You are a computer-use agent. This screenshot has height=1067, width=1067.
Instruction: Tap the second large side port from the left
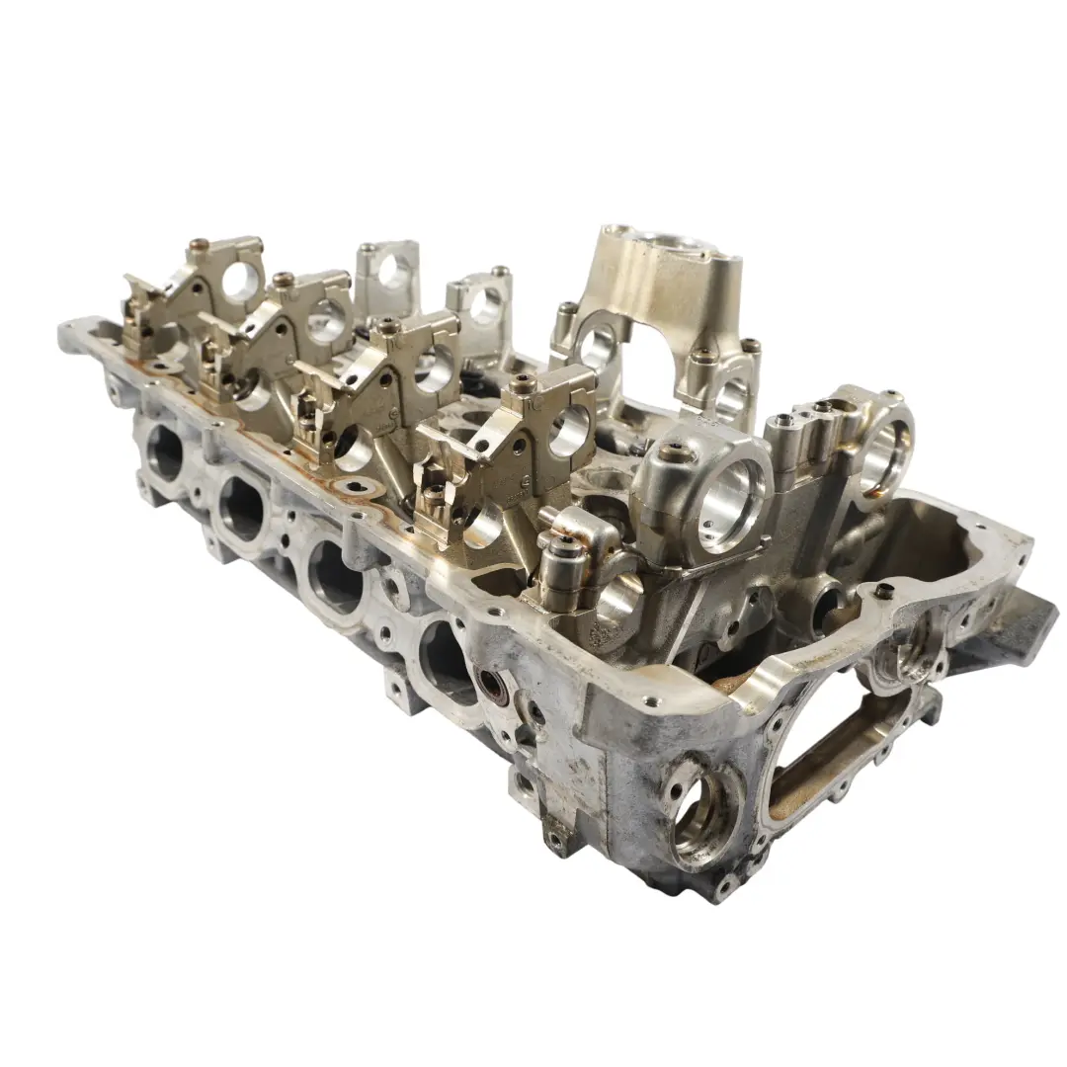(241, 507)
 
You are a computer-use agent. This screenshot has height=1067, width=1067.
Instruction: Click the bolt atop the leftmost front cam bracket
(199, 243)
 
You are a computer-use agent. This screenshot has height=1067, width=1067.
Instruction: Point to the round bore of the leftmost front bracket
(238, 283)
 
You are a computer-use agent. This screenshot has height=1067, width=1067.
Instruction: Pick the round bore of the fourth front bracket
(568, 431)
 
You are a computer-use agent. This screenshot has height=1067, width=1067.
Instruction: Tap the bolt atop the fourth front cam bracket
(523, 380)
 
